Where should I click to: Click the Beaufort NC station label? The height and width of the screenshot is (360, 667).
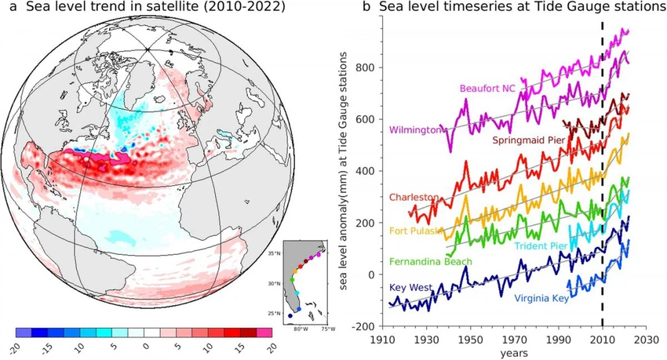487,87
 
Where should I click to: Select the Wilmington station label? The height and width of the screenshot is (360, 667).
413,129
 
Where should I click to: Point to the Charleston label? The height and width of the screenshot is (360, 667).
412,198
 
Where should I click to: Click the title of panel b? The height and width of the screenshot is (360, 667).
509,9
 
